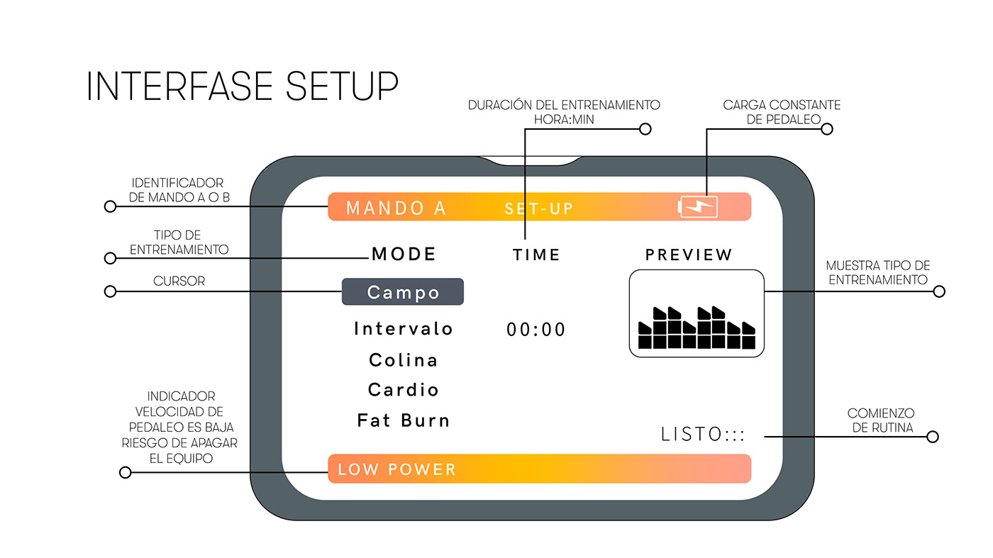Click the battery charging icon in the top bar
tap(699, 207)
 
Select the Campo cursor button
tap(403, 292)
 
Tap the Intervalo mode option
tap(403, 329)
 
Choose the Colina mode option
tap(403, 360)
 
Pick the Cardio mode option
tap(403, 390)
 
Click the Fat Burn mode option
tap(403, 420)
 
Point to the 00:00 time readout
tap(536, 330)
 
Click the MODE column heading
tap(404, 255)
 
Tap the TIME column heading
tap(536, 255)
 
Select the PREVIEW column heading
tap(689, 255)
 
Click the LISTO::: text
tap(703, 435)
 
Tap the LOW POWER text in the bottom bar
tap(396, 469)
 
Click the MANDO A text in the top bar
tap(396, 208)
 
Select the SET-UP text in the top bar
tap(538, 209)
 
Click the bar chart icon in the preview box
tap(697, 328)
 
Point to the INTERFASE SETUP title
tap(242, 87)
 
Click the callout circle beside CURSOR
tap(110, 291)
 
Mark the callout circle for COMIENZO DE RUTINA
tap(933, 437)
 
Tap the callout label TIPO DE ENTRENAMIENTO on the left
tap(179, 242)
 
